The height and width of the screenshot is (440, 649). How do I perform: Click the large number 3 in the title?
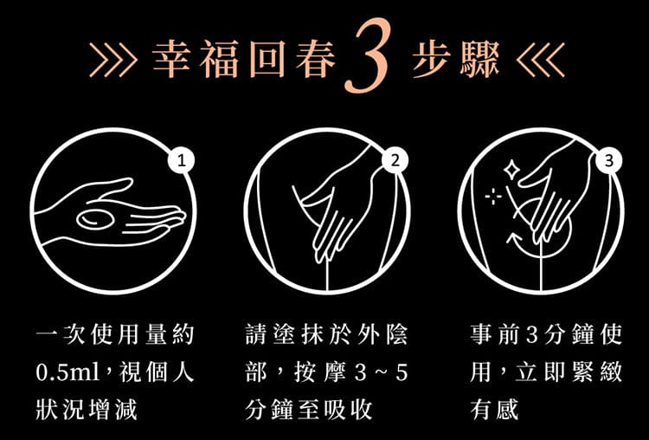(x=367, y=55)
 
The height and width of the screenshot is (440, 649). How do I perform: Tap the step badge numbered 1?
(x=181, y=160)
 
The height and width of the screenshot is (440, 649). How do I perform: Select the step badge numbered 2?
(x=395, y=160)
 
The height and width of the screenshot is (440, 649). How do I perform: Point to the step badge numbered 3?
(x=609, y=160)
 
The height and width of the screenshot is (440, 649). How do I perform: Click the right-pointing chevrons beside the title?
(x=113, y=60)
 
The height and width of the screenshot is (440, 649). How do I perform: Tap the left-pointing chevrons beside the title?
(x=541, y=60)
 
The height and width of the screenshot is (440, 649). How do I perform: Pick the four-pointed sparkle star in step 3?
(x=511, y=171)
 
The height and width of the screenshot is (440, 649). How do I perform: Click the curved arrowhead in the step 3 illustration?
(x=512, y=239)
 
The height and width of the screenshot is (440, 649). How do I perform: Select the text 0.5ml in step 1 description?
(x=67, y=372)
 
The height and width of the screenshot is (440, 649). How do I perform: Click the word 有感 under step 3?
(x=494, y=410)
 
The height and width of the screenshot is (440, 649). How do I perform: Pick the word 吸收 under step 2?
(x=349, y=410)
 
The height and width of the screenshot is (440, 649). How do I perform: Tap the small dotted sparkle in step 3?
(x=493, y=196)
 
